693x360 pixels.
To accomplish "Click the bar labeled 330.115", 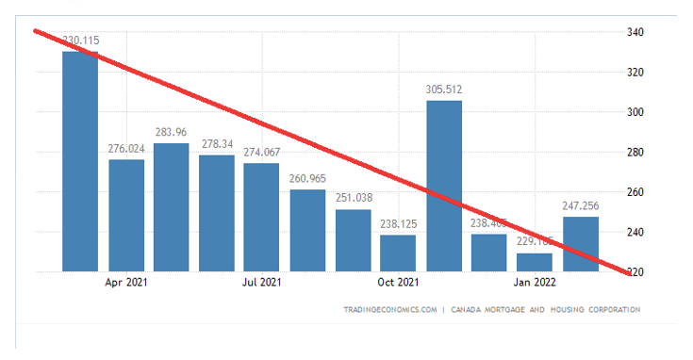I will click(80, 160).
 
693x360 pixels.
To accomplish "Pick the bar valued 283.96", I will click(172, 206).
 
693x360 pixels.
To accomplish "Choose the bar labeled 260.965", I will click(307, 230).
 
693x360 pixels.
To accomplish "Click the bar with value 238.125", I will click(399, 252).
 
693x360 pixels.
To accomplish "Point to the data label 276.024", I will click(126, 149).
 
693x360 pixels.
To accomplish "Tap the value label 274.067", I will click(262, 153).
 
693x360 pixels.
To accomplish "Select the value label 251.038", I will click(354, 198).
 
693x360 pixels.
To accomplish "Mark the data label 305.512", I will click(444, 90).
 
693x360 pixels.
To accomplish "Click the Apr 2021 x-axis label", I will click(124, 282).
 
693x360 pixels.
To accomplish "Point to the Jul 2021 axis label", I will click(261, 282).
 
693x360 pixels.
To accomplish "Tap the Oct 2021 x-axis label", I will click(398, 282).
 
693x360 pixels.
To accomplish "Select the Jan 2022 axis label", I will click(535, 282).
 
